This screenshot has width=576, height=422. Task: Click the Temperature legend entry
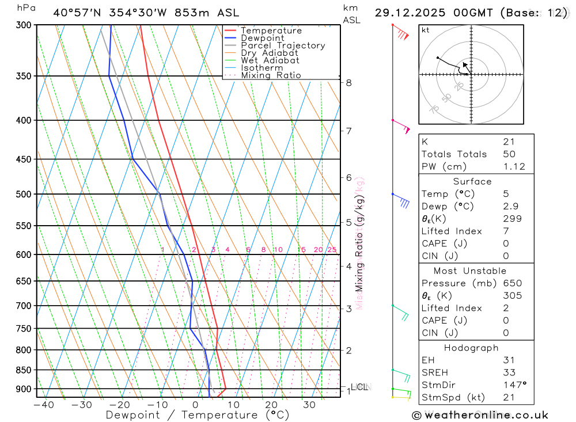271,31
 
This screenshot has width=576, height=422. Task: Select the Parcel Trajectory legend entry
283,45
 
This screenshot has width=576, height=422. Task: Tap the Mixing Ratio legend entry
271,75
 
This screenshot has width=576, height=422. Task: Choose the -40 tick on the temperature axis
43,405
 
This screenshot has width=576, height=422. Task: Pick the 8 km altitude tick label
348,82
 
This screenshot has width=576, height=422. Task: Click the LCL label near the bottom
359,387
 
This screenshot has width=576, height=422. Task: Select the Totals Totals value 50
509,154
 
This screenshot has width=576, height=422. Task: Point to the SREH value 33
509,372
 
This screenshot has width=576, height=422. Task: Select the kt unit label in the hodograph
425,30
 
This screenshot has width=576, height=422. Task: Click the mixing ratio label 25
332,249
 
